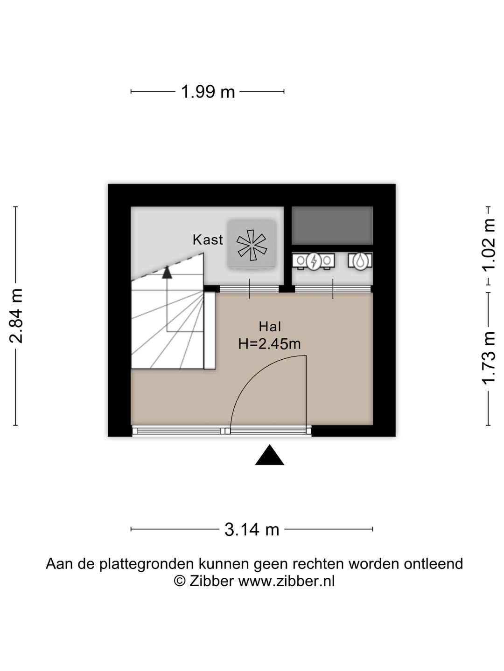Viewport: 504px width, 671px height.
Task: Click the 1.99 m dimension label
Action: [208, 92]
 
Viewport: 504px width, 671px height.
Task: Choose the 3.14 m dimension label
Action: [252, 530]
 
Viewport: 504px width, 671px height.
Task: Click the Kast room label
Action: [208, 240]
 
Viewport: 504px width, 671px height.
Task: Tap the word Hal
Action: [270, 327]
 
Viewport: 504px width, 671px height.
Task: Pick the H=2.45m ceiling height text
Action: [269, 344]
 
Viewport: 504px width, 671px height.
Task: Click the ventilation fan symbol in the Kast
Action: [252, 245]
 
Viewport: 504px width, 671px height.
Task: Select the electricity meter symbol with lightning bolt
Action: [314, 261]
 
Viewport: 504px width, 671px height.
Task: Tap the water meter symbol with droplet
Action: [360, 261]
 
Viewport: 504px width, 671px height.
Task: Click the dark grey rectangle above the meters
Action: [332, 226]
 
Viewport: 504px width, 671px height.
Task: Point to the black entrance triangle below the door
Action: [270, 455]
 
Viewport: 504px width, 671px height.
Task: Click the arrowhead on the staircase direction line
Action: [167, 273]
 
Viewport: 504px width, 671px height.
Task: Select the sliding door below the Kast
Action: [249, 289]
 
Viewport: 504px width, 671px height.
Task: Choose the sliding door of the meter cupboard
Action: [333, 289]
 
